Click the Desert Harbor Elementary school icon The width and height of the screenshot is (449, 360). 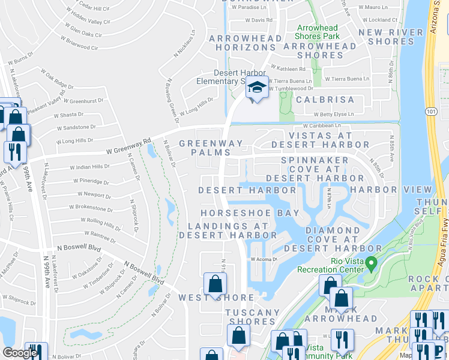(257, 88)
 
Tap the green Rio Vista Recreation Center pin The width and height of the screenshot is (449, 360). (371, 263)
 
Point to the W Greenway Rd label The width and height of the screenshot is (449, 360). (127, 148)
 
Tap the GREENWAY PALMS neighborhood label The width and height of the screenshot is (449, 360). (211, 148)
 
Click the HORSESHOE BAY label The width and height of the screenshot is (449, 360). (242, 214)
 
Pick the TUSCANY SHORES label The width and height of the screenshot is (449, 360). (252, 317)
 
